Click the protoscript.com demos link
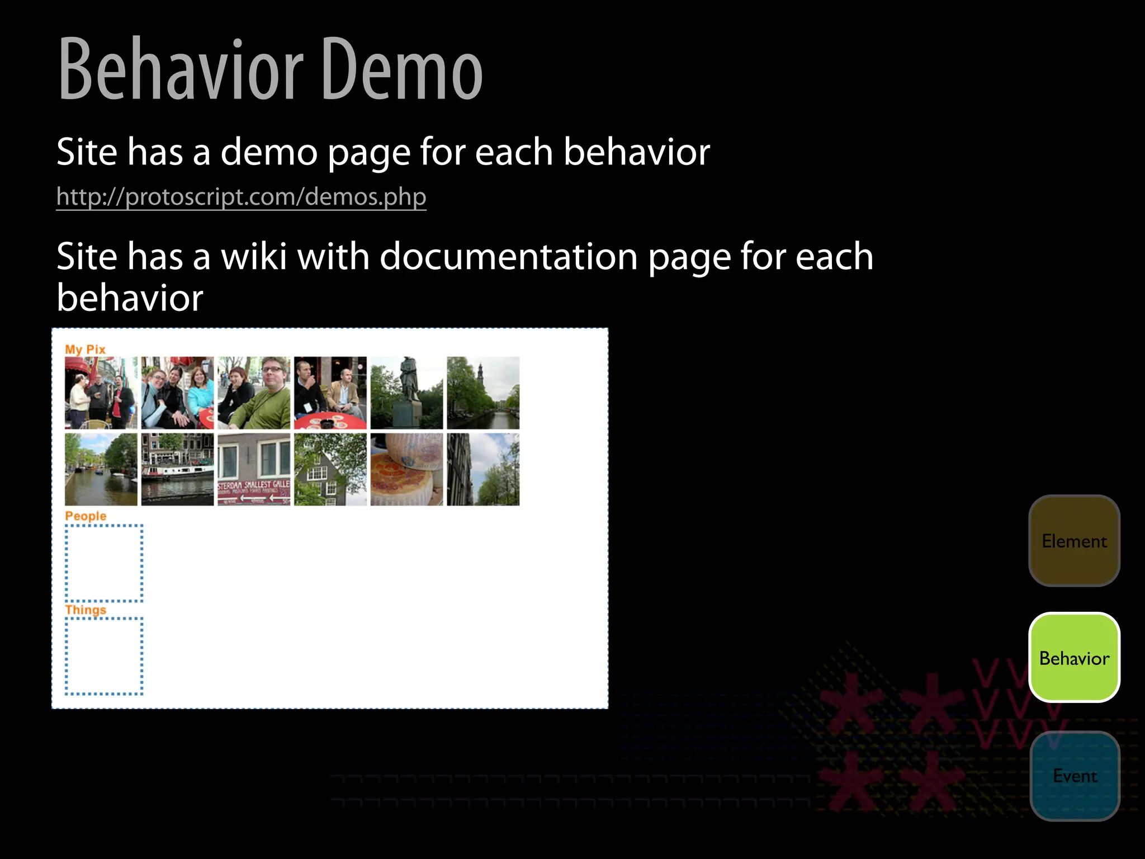[x=241, y=197]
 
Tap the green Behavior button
[x=1074, y=658]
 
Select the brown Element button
[x=1074, y=541]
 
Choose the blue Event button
[x=1075, y=776]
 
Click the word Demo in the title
[x=401, y=70]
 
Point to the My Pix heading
[x=85, y=349]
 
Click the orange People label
[x=86, y=516]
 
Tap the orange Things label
[x=86, y=610]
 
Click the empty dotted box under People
[x=104, y=563]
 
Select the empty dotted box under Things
[x=104, y=657]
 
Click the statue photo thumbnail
[x=406, y=393]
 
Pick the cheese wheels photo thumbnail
[x=406, y=469]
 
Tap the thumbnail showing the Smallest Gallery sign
[x=254, y=469]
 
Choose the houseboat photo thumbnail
[x=177, y=469]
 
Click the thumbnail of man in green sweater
[x=254, y=393]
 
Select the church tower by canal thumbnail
[x=483, y=393]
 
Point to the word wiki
[x=254, y=257]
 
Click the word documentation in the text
[x=509, y=257]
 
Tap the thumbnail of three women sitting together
[x=177, y=393]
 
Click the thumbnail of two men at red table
[x=330, y=393]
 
